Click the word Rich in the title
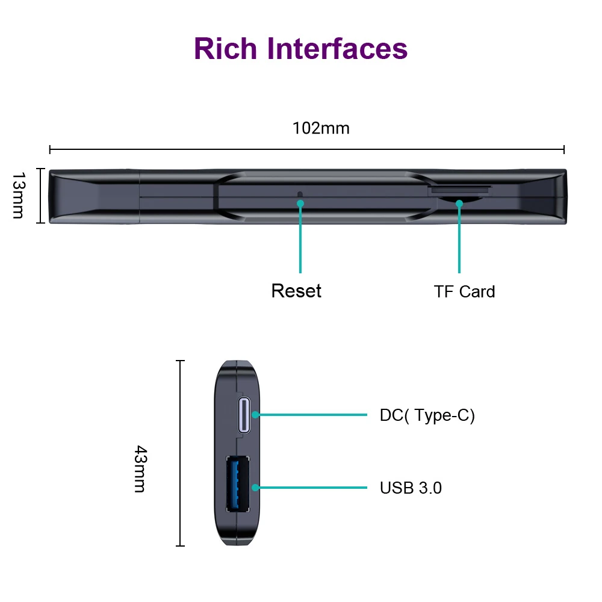[x=226, y=48]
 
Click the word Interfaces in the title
[x=338, y=48]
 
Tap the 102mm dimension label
[x=321, y=128]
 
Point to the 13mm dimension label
[x=18, y=196]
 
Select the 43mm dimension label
[x=140, y=469]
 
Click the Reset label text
[x=296, y=291]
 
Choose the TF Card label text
[x=464, y=292]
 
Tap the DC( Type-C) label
[x=427, y=415]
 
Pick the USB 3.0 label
[x=411, y=488]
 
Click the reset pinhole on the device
[x=300, y=194]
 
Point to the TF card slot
[x=459, y=189]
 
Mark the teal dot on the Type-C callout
[x=256, y=415]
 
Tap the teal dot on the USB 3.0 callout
[x=256, y=487]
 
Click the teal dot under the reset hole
[x=300, y=203]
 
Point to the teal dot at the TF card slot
[x=459, y=203]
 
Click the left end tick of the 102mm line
[x=50, y=149]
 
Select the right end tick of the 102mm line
[x=564, y=149]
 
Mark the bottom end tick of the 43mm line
[x=180, y=546]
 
